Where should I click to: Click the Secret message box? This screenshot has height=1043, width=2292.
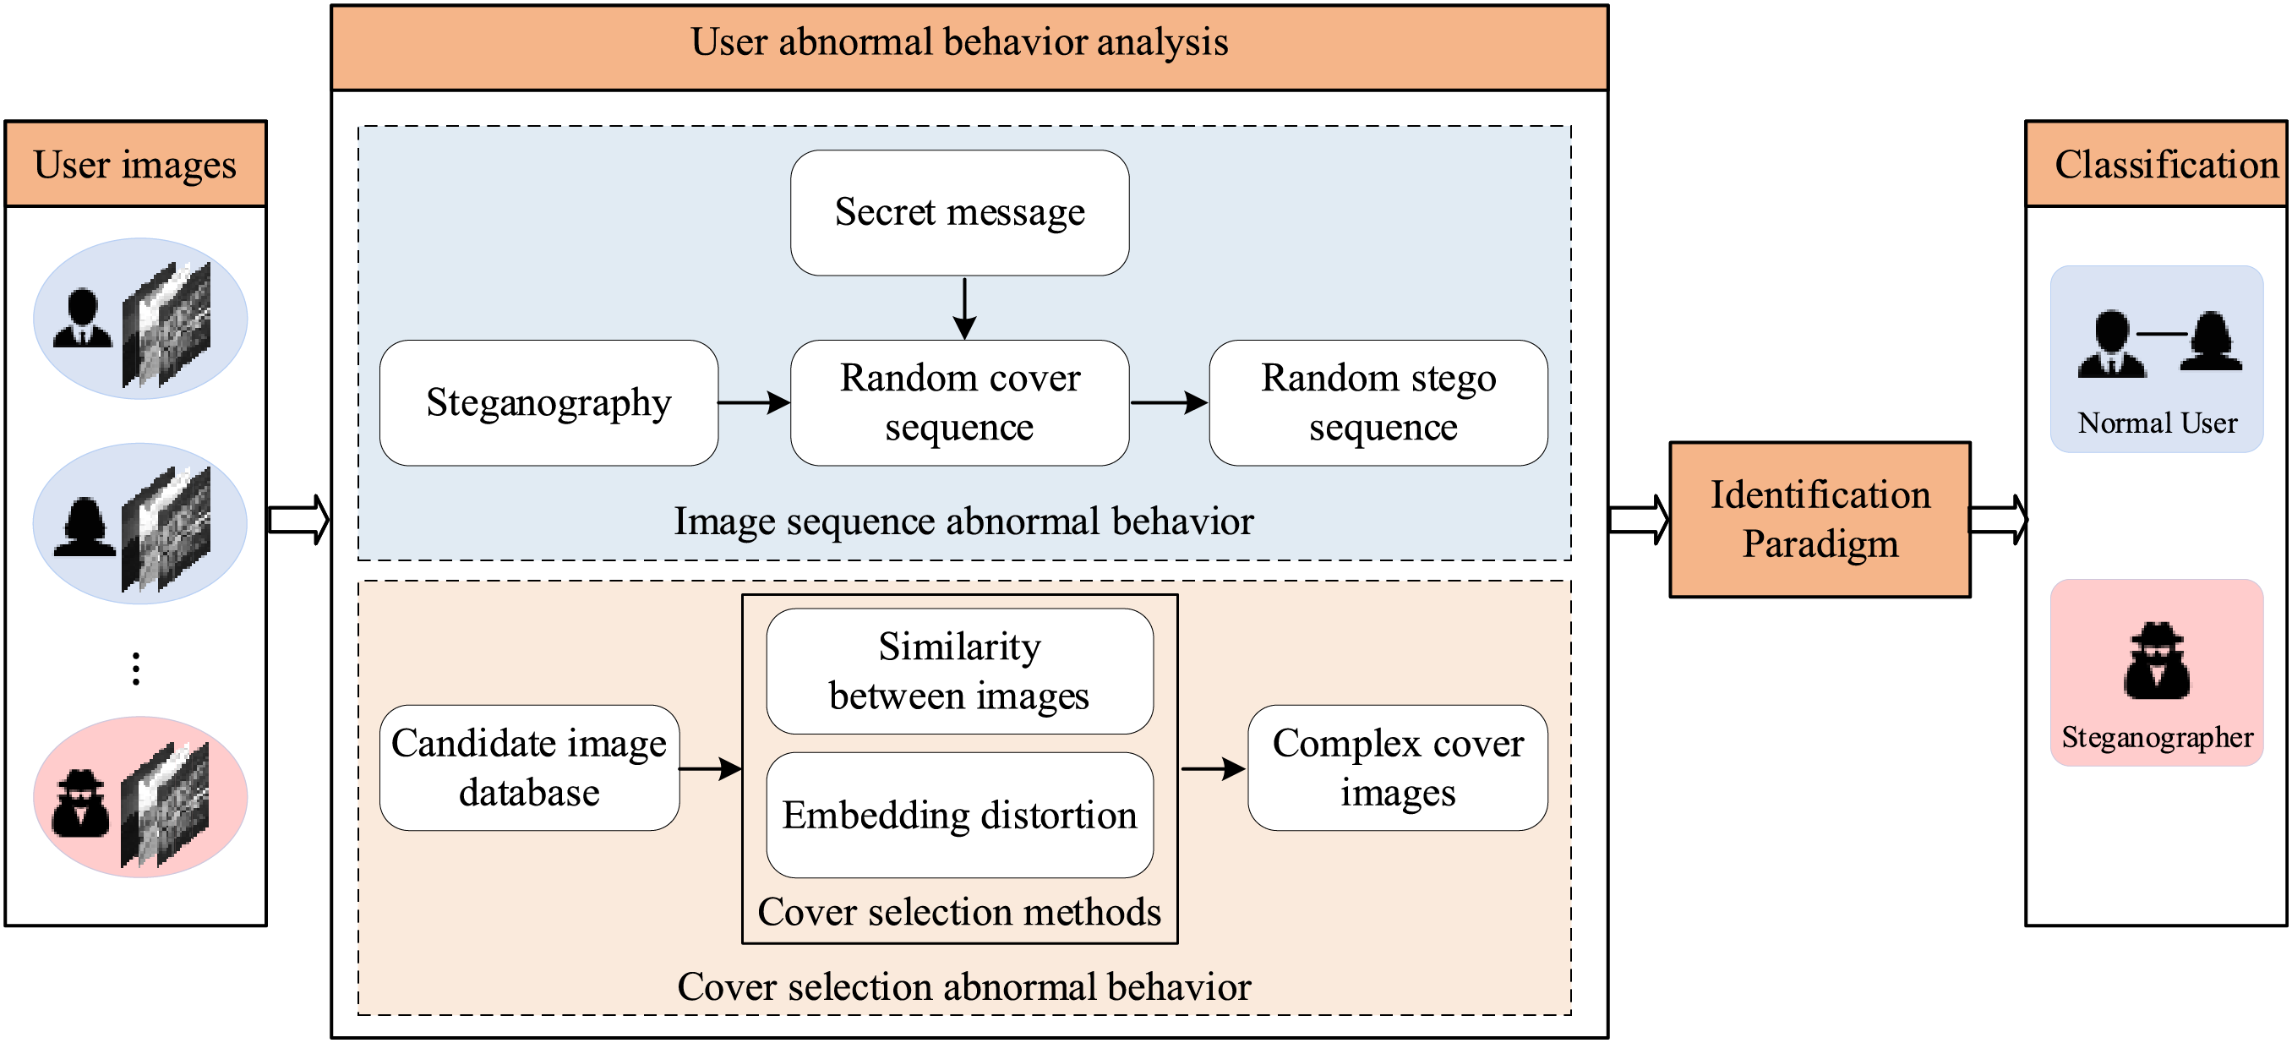click(x=959, y=213)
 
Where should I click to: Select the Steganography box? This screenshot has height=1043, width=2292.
click(x=548, y=402)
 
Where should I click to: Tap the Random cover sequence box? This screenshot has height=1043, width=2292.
click(x=959, y=402)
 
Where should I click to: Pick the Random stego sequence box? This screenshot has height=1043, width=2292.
click(x=1378, y=402)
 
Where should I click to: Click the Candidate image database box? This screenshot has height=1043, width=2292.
click(x=529, y=767)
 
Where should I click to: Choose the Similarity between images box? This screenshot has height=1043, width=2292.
click(x=959, y=671)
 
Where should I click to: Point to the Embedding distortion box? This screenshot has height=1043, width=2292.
click(x=959, y=815)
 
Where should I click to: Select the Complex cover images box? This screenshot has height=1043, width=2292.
click(x=1397, y=767)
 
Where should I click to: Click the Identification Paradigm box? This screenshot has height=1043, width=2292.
click(x=1820, y=519)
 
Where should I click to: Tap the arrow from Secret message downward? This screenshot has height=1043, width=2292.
click(x=964, y=308)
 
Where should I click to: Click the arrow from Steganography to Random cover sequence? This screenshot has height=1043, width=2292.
click(x=754, y=402)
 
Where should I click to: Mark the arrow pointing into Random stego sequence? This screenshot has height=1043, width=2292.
click(x=1168, y=402)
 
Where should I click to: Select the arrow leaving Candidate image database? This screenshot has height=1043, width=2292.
click(x=710, y=768)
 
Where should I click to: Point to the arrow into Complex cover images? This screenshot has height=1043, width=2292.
click(x=1213, y=768)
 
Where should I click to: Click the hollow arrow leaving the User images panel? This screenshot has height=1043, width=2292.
click(x=299, y=519)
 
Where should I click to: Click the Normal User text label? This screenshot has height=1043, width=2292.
click(x=2157, y=423)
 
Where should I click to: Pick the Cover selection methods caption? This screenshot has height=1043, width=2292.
click(x=959, y=912)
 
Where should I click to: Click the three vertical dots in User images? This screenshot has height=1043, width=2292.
click(x=136, y=669)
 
